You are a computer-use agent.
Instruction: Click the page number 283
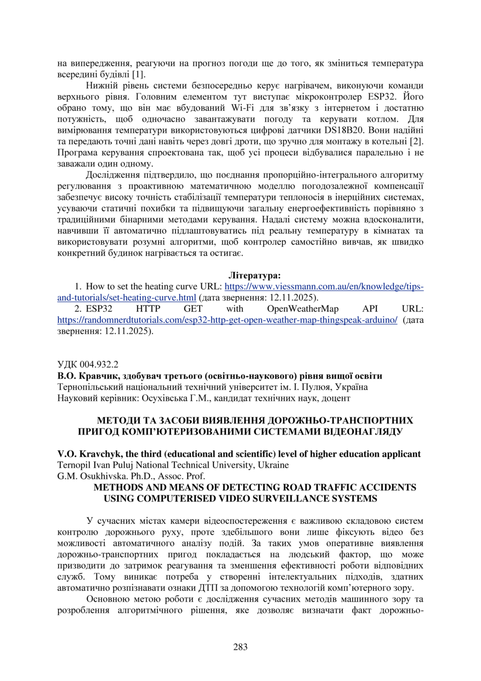[240, 646]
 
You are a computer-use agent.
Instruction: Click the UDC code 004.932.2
[95, 364]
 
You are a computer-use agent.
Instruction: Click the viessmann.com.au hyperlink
[324, 287]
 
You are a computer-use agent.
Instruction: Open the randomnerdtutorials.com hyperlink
[227, 320]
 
